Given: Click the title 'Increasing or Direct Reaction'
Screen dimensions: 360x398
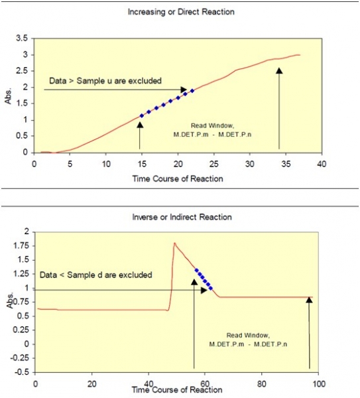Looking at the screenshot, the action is (x=181, y=12).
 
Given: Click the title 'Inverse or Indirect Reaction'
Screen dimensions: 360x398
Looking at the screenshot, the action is (x=182, y=217).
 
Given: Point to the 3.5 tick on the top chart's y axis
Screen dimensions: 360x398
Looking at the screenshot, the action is (x=22, y=38).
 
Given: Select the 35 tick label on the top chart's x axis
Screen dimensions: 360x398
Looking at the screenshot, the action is (x=286, y=164).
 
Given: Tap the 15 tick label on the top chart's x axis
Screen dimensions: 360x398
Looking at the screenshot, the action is (x=142, y=164).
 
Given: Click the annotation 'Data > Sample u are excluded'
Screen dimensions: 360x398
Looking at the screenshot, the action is (x=105, y=81).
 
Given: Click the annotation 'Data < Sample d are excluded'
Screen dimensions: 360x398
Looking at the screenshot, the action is (x=96, y=275).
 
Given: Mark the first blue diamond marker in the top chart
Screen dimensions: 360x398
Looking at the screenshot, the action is (x=142, y=116).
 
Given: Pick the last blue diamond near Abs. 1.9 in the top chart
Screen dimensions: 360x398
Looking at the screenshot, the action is (x=192, y=91).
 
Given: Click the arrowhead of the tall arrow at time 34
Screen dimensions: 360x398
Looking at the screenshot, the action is (x=279, y=70).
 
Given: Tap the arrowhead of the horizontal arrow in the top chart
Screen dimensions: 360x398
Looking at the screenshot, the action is (x=184, y=90).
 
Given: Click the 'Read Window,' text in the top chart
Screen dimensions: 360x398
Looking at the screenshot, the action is (x=212, y=125).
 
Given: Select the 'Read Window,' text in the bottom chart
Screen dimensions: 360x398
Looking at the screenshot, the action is (x=248, y=336).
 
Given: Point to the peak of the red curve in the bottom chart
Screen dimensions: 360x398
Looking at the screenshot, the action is (x=174, y=243).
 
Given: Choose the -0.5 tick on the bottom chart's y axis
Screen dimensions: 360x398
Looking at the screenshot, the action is (x=22, y=372).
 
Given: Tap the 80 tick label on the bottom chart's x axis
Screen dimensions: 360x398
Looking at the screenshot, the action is (x=261, y=383).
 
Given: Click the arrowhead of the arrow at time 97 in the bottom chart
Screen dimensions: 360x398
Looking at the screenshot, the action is (x=309, y=300).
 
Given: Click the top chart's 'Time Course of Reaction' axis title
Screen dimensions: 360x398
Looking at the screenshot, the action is (x=178, y=178).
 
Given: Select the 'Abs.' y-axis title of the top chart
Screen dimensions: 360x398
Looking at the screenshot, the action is (x=9, y=96).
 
